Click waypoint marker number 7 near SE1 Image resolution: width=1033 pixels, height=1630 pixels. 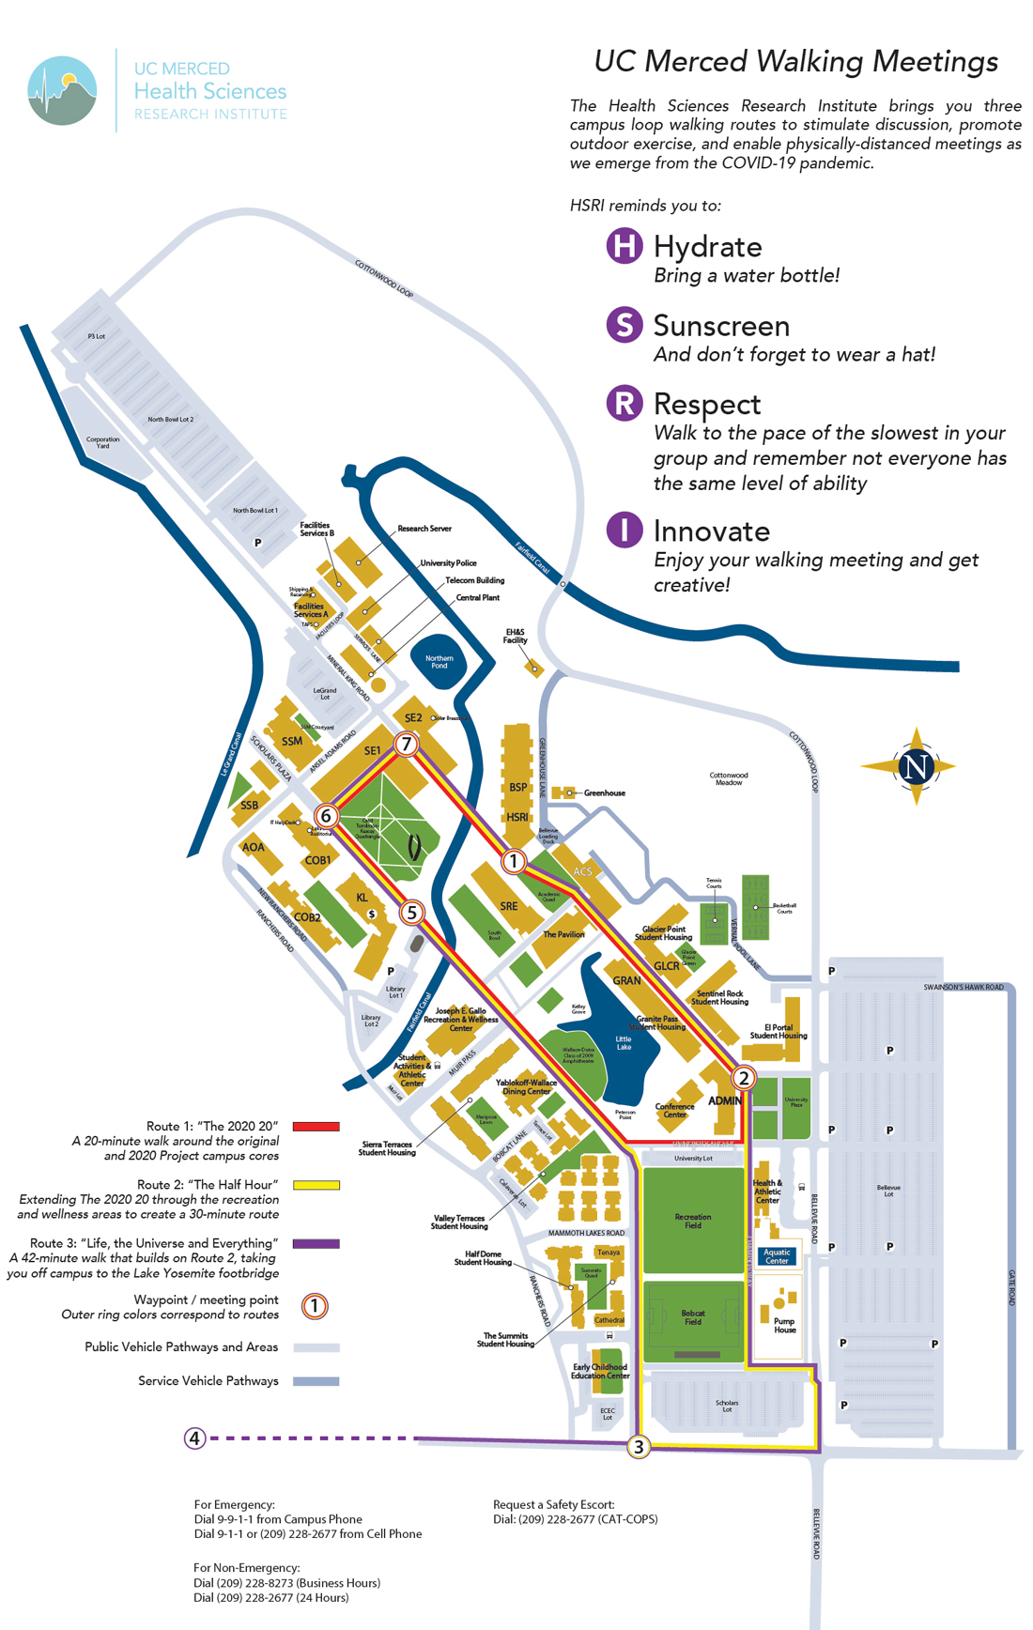(406, 745)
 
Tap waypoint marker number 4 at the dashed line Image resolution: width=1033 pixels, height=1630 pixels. (194, 1438)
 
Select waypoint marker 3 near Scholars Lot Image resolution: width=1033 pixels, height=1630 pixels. (639, 1447)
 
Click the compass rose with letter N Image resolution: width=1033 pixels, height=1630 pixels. (916, 766)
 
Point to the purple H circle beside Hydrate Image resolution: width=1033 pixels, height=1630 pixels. (624, 247)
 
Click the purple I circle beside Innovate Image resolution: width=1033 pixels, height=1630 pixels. (624, 531)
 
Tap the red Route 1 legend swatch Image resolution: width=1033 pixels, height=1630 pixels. (316, 1127)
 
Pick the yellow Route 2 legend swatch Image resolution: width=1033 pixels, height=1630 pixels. (316, 1185)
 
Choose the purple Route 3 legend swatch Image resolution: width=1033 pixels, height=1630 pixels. (316, 1243)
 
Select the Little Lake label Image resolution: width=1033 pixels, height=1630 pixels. (624, 1043)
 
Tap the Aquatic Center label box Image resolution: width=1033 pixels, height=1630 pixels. (777, 1256)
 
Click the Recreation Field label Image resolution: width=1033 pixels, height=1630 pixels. (693, 1221)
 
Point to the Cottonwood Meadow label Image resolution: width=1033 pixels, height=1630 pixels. (729, 778)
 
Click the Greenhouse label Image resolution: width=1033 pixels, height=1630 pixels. (604, 793)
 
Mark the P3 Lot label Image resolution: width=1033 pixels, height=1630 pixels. (97, 336)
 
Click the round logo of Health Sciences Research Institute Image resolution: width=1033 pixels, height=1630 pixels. (62, 91)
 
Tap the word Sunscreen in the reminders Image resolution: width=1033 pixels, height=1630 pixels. (721, 326)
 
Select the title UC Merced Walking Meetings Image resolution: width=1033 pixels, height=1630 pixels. (795, 62)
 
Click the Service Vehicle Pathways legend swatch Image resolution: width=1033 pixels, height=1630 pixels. (316, 1381)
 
